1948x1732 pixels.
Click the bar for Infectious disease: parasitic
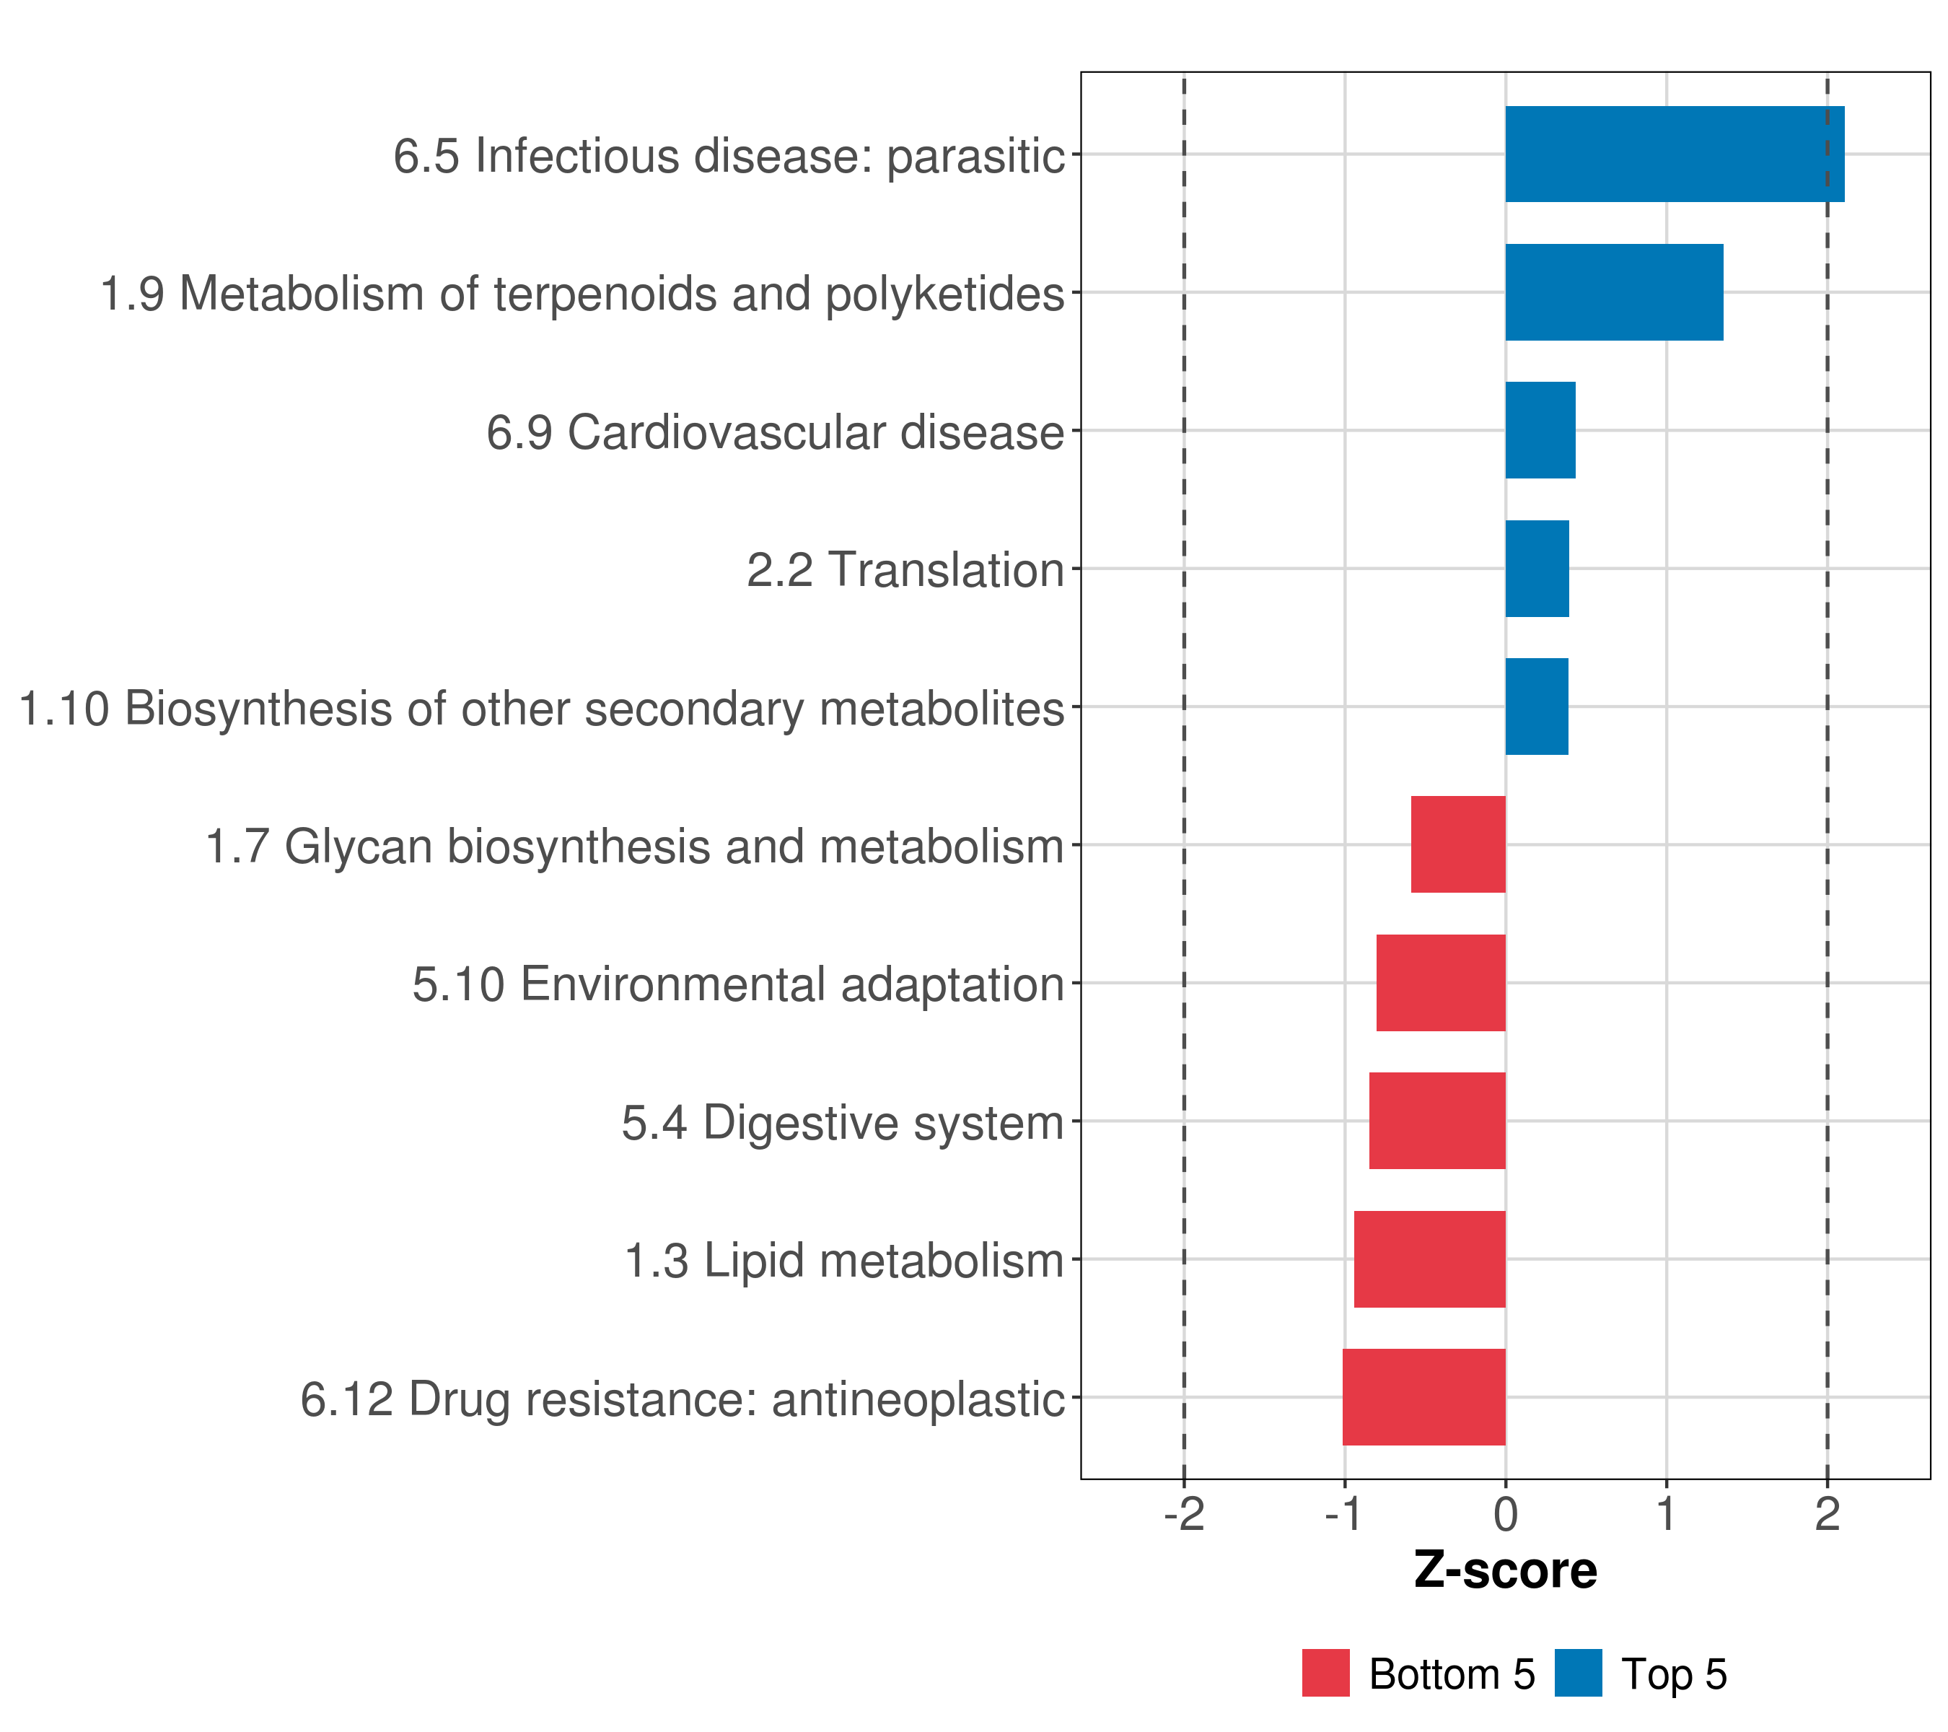(1675, 154)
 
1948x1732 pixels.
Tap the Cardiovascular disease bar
(1540, 430)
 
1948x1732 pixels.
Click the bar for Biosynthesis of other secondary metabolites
(1536, 707)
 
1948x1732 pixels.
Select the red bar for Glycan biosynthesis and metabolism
(1458, 844)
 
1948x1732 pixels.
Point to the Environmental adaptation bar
(1440, 983)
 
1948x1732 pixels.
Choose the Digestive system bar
(1437, 1121)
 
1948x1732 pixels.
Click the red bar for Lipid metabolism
(1429, 1259)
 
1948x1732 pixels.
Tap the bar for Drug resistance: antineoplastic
(1423, 1397)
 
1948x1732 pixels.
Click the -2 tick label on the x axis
(1184, 1515)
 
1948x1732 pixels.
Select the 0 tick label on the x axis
(1506, 1515)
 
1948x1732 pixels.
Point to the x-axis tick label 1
(1666, 1515)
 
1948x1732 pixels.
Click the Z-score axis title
(1506, 1570)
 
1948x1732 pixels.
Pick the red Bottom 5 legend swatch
(1325, 1673)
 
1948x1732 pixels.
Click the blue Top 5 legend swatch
(1578, 1673)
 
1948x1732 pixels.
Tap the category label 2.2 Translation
(905, 570)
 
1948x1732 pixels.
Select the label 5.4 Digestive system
(843, 1123)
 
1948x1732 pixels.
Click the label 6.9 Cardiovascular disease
(775, 432)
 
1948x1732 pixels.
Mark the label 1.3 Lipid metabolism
(843, 1261)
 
